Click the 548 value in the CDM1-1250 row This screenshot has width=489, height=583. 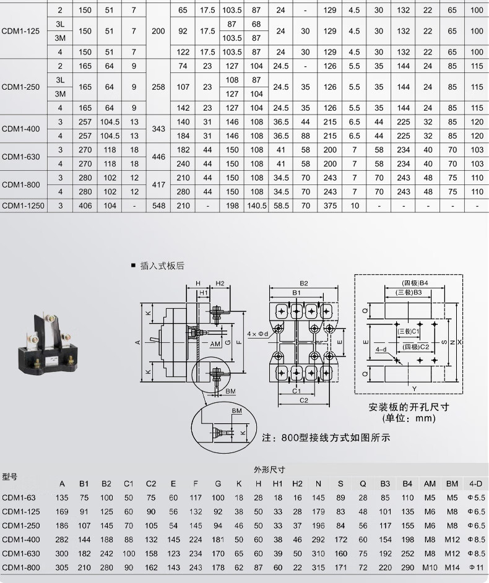tap(158, 205)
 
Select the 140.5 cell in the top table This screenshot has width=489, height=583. tap(257, 205)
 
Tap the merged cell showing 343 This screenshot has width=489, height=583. tap(158, 129)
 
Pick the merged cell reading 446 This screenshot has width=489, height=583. tap(158, 157)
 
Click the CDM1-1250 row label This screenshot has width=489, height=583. tap(23, 205)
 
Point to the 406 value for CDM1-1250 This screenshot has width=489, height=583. tap(85, 205)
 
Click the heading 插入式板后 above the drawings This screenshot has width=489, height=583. tap(162, 266)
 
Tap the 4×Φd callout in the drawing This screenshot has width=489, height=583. tap(257, 334)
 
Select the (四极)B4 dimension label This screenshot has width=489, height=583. tap(415, 283)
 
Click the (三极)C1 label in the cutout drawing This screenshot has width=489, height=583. tap(409, 331)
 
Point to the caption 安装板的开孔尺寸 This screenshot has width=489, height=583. tap(409, 407)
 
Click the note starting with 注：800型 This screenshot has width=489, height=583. tap(326, 438)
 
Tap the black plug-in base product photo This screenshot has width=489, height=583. tap(48, 343)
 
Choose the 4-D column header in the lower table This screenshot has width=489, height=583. tap(475, 484)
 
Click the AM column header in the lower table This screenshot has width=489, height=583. tap(430, 484)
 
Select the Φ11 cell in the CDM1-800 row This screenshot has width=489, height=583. tap(477, 568)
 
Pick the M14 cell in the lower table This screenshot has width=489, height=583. tap(452, 568)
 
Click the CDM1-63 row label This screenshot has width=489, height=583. tap(19, 498)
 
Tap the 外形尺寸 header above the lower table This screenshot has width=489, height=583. tap(270, 470)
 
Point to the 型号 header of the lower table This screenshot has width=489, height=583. tap(10, 477)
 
